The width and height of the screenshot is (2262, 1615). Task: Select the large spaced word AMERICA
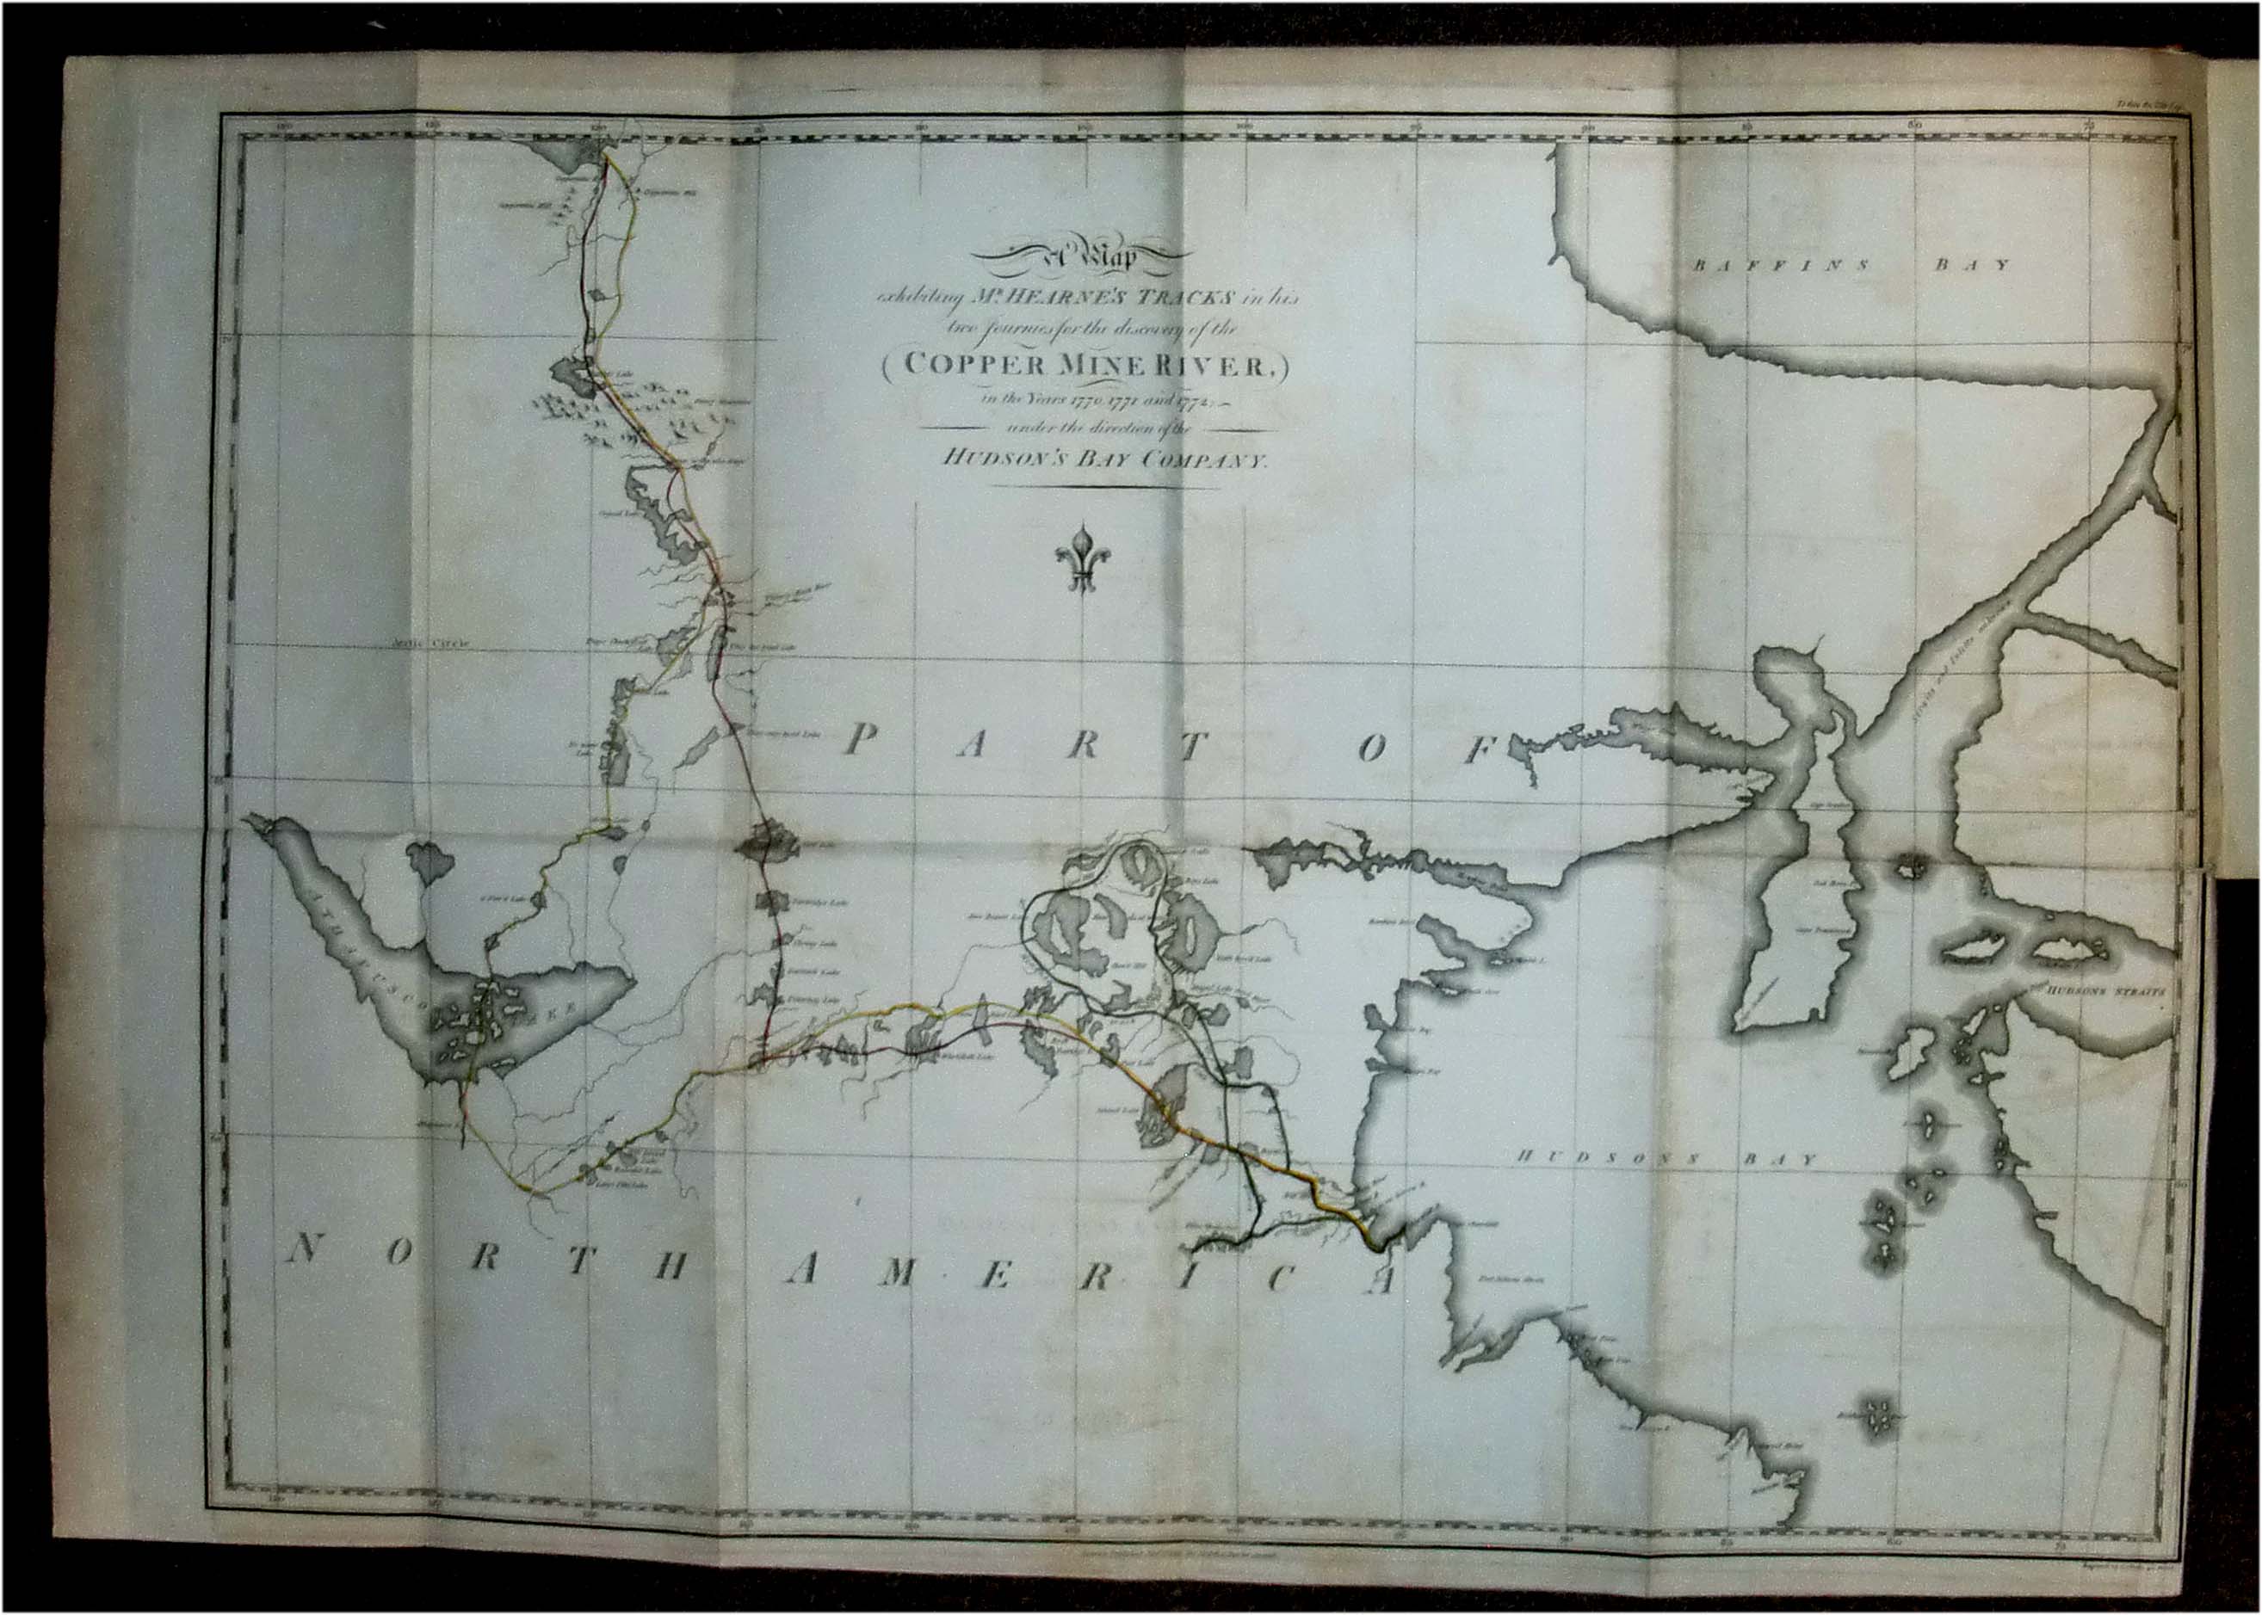(1089, 1276)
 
